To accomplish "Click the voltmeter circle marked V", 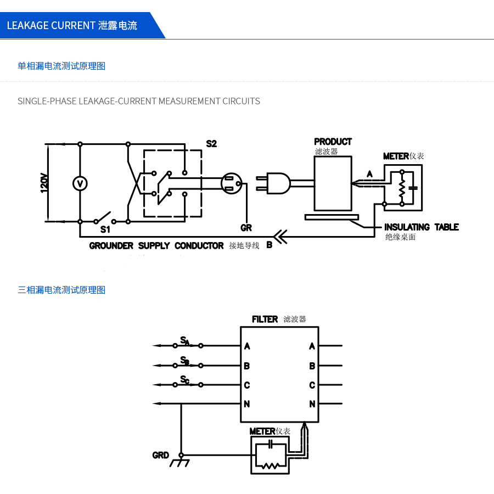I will pos(80,183).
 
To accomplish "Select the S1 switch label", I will pos(105,229).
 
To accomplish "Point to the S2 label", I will pos(211,144).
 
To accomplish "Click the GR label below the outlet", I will pos(246,227).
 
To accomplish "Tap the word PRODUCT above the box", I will pos(333,142).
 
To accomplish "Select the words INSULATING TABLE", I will pos(421,227).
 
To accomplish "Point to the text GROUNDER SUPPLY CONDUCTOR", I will pos(156,246).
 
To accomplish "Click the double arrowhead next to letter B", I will pos(279,237).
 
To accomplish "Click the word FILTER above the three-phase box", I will pos(265,319).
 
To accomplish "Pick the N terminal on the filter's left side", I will pos(247,404).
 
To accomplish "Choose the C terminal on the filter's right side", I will pos(312,385).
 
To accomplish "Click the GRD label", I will pos(160,455).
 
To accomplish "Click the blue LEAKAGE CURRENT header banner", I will pos(77,25).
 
